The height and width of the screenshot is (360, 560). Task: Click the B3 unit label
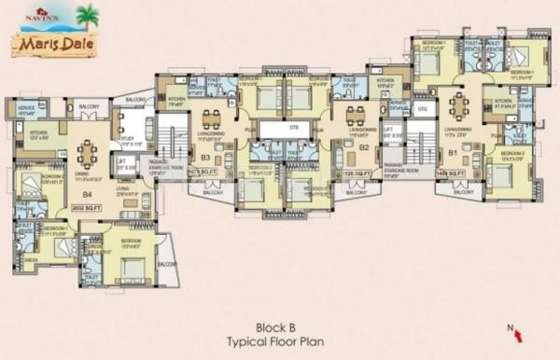coord(205,159)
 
